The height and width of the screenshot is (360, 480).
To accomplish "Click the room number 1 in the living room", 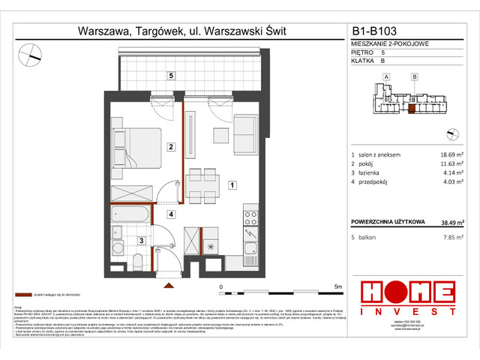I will pos(232,184).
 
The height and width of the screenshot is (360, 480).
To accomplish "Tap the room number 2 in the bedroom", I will pos(171,147).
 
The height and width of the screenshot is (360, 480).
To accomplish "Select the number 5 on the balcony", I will pos(171,76).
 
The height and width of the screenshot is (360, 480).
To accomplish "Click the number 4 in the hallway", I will pos(171,214).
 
